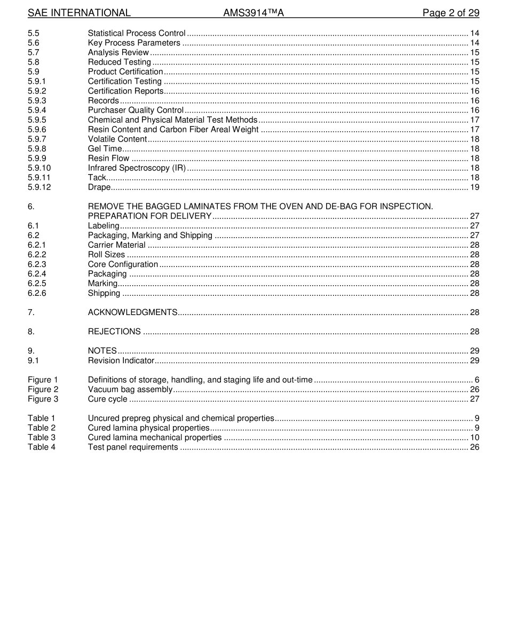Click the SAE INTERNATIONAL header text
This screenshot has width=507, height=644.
pos(79,13)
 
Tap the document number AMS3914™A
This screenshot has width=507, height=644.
pos(253,13)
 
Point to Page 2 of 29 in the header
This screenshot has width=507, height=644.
pos(450,13)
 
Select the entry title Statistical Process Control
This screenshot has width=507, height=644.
pos(137,33)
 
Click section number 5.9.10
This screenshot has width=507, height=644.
pos(39,168)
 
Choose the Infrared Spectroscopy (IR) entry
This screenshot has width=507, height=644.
pos(137,168)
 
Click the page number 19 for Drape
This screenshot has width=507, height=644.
pos(474,187)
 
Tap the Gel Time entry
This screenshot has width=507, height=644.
pos(105,148)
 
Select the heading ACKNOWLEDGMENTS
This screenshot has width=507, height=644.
pos(132,312)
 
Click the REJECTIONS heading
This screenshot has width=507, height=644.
pos(114,332)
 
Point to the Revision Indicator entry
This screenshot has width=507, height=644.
pos(121,360)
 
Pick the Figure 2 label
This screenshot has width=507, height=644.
pos(43,389)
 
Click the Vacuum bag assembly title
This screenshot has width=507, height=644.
pos(130,389)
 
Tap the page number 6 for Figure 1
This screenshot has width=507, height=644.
pos(477,380)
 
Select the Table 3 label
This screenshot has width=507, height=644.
pos(42,437)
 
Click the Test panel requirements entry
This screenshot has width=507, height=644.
pos(133,447)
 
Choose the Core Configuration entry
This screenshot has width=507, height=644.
pos(123,264)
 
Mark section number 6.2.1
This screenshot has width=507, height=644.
pos(37,245)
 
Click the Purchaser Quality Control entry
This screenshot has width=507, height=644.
pos(136,110)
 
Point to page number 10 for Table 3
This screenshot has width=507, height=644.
pos(474,437)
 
